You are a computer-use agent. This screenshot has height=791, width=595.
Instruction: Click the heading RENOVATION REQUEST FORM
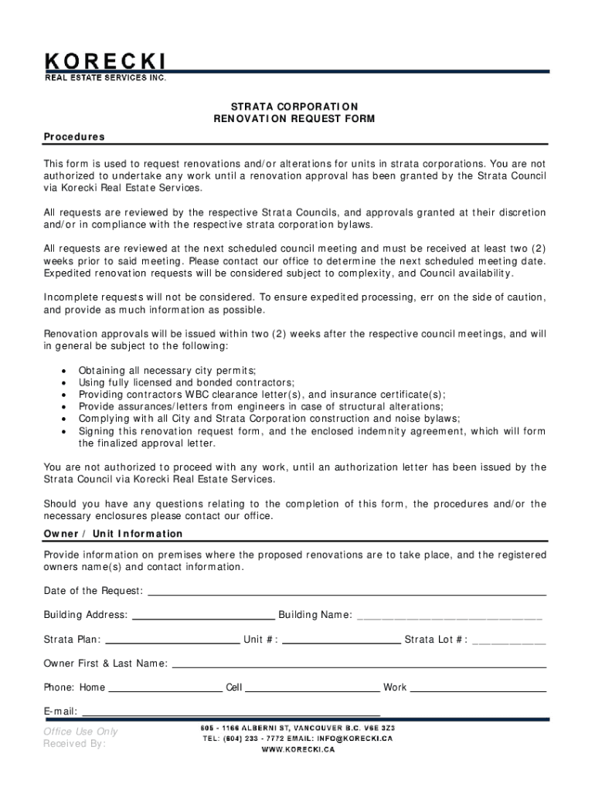coord(294,119)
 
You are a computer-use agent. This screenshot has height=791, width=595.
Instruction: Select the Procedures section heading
coord(74,137)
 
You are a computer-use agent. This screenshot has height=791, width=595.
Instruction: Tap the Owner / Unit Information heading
coord(113,534)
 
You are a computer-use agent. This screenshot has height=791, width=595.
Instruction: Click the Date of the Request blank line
coord(346,592)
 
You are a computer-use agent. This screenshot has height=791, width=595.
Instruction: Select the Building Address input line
coord(204,616)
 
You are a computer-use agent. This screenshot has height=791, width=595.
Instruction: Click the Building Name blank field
coord(449,616)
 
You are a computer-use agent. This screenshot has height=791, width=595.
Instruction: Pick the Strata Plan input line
coord(172,640)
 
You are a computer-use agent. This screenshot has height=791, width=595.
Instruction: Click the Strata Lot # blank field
coord(508,640)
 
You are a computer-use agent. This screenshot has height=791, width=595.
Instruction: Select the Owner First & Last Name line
coord(359,664)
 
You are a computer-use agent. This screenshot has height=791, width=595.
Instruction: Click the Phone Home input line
coord(165,688)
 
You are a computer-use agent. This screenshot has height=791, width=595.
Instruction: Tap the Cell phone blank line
coord(312,688)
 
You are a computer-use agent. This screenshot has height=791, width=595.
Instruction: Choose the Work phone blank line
coord(478,688)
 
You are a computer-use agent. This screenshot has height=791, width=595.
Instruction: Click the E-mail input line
coord(231,712)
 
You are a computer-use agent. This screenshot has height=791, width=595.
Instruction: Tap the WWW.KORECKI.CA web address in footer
coord(297,750)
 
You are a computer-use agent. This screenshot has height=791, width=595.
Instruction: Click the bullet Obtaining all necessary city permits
coord(167,371)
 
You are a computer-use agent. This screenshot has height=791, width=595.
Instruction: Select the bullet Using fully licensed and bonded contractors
coord(186,382)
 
